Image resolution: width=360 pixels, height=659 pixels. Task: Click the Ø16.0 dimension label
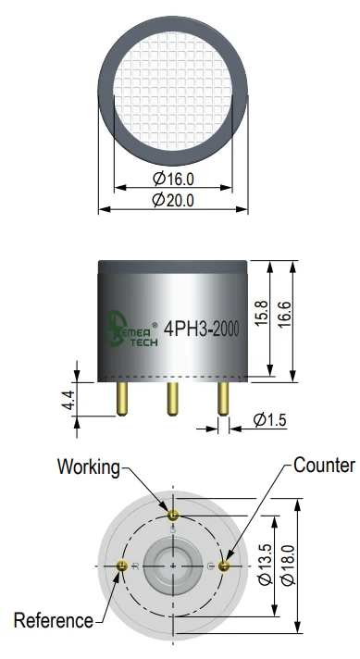click(173, 179)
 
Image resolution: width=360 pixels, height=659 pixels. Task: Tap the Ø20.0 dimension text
click(173, 200)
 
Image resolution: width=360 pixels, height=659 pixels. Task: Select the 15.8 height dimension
click(261, 313)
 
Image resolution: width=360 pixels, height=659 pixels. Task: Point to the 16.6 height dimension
click(284, 314)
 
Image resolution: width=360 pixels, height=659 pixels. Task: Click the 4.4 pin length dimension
click(68, 400)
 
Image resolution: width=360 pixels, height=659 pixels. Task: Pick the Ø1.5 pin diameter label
click(270, 419)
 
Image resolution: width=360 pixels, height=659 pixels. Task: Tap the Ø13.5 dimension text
click(266, 565)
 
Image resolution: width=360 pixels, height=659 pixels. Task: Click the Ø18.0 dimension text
click(289, 565)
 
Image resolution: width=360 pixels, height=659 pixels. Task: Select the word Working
click(89, 466)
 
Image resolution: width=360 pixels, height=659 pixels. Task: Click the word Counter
click(324, 466)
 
